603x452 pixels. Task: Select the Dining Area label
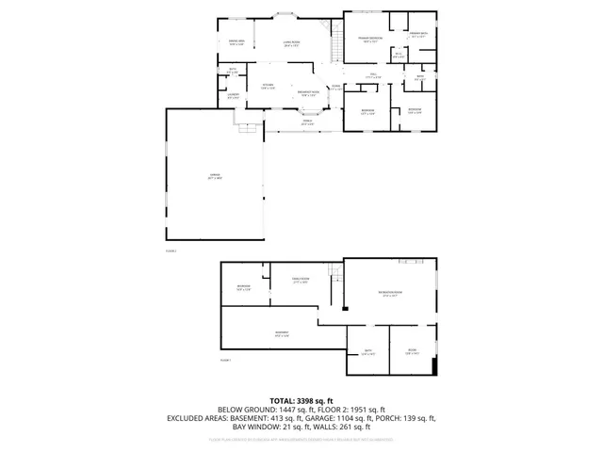point(236,42)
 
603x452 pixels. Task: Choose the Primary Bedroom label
point(368,40)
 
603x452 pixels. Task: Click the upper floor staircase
point(334,43)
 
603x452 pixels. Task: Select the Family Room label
point(301,280)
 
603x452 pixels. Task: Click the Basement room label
point(281,334)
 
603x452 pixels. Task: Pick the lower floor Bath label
point(368,353)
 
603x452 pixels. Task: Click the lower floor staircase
point(334,273)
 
